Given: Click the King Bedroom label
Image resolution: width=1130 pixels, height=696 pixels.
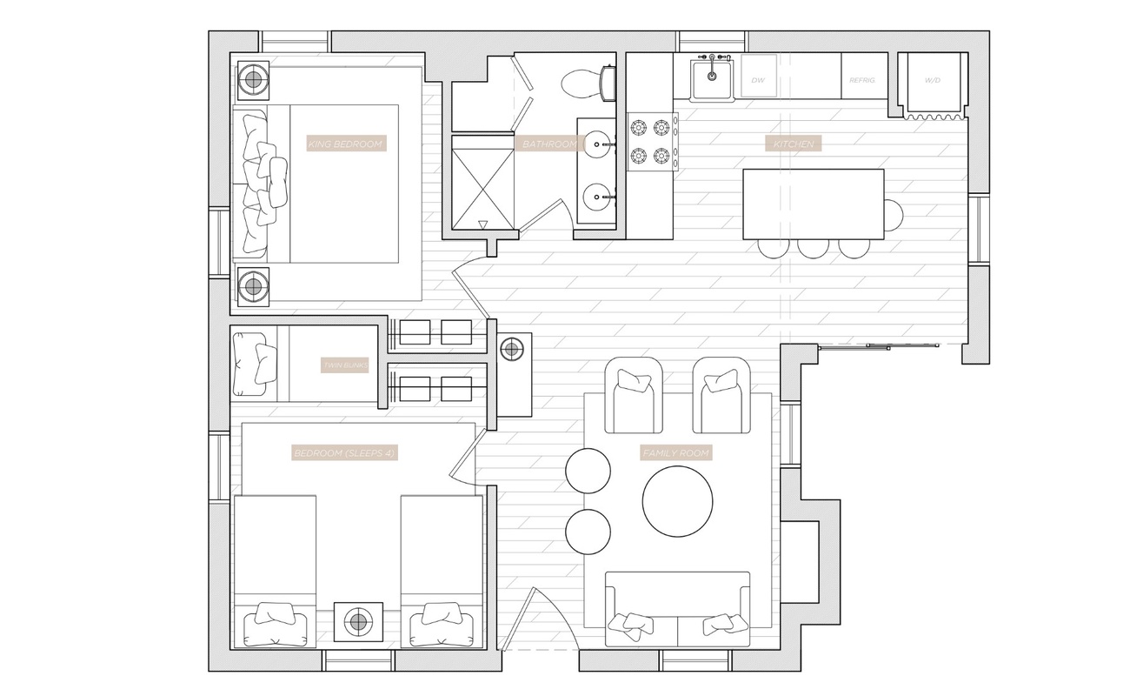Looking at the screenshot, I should point(345,144).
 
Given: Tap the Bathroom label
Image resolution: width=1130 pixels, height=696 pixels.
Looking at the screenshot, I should point(546,144).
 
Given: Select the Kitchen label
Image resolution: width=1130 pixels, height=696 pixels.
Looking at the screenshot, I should point(794,144).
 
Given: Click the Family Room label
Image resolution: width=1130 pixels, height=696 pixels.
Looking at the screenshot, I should point(676,453).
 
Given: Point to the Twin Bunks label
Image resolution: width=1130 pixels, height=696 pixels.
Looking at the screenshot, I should point(345,366).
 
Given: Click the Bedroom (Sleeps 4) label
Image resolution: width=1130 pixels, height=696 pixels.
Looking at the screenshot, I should point(345,453).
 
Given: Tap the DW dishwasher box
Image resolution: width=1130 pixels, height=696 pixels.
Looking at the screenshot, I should point(757,79).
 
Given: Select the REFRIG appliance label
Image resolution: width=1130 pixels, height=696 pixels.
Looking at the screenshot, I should point(862,79).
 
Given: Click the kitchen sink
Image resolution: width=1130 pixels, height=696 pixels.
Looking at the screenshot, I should point(713,77).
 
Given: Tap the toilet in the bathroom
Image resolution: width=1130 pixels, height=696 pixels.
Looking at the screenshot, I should point(582,84).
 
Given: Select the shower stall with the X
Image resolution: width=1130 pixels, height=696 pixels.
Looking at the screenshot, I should point(482,181).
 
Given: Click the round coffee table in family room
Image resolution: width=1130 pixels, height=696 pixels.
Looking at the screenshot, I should point(677,500).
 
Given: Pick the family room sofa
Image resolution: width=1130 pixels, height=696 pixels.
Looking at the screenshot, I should point(677,609).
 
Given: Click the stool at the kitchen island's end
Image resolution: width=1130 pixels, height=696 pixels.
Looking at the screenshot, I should point(893,211).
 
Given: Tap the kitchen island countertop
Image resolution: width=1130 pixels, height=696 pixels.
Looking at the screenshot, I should point(813,204).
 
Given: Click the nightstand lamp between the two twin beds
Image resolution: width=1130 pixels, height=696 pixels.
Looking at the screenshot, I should point(357,622).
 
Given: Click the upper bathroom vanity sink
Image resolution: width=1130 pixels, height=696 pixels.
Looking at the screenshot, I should point(596,142).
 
